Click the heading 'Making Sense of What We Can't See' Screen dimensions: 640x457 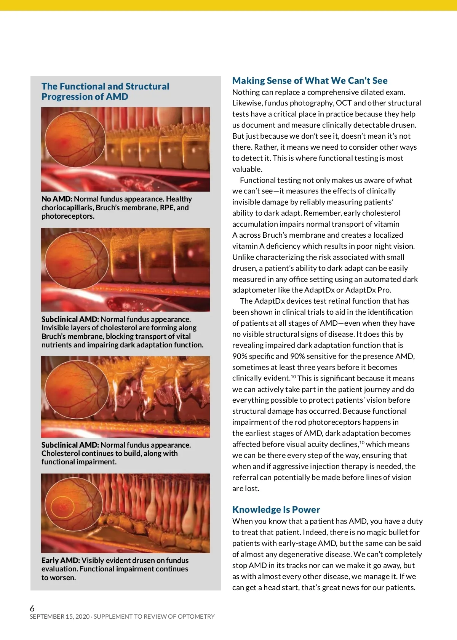click(x=310, y=81)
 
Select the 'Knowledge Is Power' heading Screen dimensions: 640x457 click(x=276, y=510)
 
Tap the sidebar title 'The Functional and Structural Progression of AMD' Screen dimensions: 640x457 click(x=105, y=91)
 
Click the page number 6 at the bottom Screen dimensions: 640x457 click(x=32, y=608)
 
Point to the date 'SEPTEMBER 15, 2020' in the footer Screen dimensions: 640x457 click(x=59, y=617)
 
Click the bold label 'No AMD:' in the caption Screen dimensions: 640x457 click(x=57, y=199)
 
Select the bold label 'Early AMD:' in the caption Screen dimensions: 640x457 click(x=61, y=560)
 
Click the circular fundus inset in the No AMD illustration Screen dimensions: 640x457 click(x=75, y=139)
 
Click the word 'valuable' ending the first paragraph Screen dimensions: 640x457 click(x=247, y=169)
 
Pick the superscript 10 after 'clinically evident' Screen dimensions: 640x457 click(x=293, y=377)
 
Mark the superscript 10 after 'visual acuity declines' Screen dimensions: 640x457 click(x=362, y=443)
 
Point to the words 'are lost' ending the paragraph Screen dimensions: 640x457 click(x=245, y=488)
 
